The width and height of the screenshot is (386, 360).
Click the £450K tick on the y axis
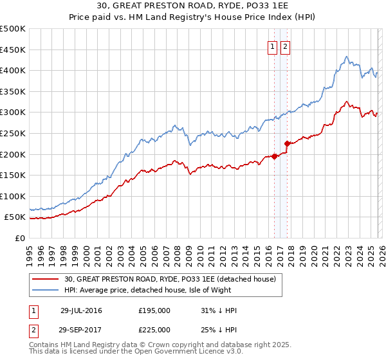(x=13, y=50)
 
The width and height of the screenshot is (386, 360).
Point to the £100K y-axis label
(x=13, y=196)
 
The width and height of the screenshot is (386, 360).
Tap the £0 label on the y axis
(x=20, y=238)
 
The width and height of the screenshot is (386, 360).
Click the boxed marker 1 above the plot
(x=273, y=46)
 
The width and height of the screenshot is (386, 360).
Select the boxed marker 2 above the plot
(x=284, y=46)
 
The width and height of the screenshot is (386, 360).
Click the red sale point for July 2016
(x=274, y=156)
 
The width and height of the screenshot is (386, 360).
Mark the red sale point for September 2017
(x=287, y=143)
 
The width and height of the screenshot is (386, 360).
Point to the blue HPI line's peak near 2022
(x=346, y=57)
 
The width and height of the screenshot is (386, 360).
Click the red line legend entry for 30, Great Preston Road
(x=170, y=279)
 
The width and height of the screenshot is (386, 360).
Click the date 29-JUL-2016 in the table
(x=81, y=310)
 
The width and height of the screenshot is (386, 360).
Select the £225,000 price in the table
(x=154, y=331)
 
